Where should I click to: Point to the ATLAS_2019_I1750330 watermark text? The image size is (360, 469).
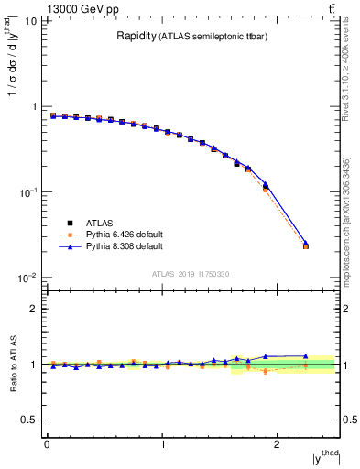[x=190, y=274]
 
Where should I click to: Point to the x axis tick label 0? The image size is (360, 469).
[x=47, y=444]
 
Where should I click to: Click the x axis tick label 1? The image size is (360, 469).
[x=162, y=444]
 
